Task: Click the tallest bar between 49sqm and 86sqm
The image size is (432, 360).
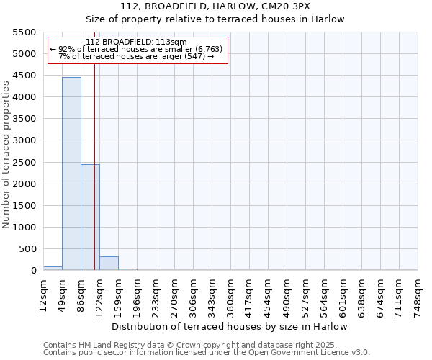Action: coord(71,174)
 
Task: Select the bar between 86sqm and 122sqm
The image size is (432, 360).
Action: coord(90,217)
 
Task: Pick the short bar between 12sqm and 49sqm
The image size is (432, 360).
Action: coord(53,268)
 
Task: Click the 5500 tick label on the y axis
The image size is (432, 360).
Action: coord(24,32)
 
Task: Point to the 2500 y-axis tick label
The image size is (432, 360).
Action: coord(24,162)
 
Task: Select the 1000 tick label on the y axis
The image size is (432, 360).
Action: coord(24,228)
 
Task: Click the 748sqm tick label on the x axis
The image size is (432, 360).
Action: coord(418,293)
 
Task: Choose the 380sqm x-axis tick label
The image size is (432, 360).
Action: coord(230,293)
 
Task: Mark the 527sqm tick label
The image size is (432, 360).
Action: coord(305,293)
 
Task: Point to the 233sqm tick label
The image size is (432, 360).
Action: coord(156,293)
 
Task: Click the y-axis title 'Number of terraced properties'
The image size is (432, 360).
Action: coord(6,155)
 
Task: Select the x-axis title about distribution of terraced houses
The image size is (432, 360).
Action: coord(230,326)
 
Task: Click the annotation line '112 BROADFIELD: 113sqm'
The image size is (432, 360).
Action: coord(136,42)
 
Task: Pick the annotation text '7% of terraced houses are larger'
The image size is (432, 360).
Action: coord(136,56)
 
